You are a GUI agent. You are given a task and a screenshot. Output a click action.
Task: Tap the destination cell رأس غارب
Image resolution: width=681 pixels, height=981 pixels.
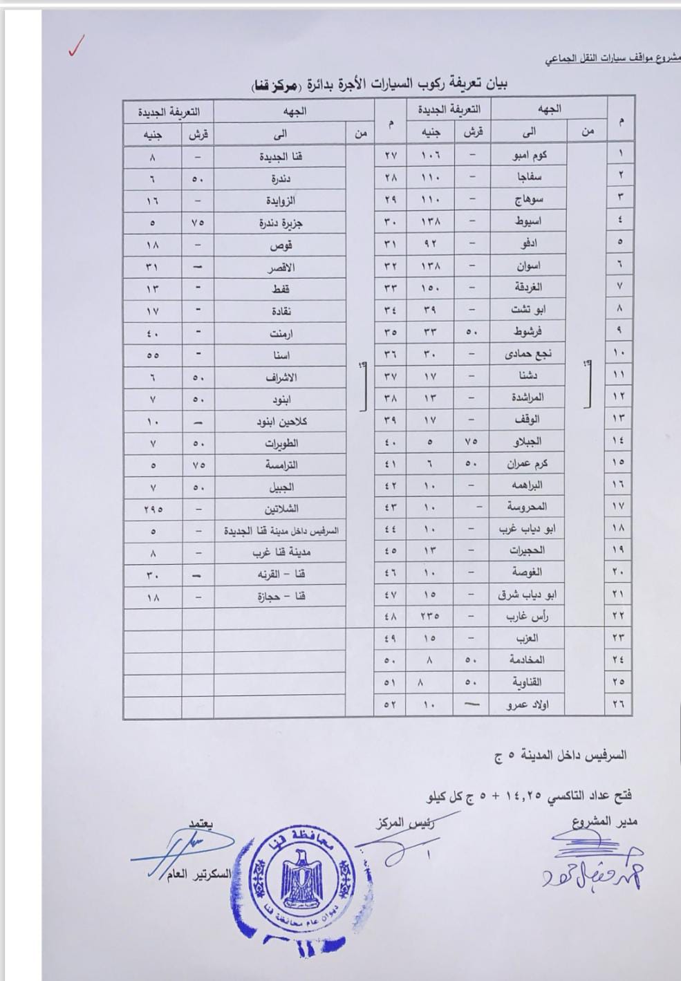coord(528,616)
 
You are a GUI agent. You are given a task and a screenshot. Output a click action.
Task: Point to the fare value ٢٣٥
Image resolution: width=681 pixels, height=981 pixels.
coord(429,616)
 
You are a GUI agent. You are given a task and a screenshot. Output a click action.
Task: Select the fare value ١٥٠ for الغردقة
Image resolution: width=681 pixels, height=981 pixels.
coord(429,287)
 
